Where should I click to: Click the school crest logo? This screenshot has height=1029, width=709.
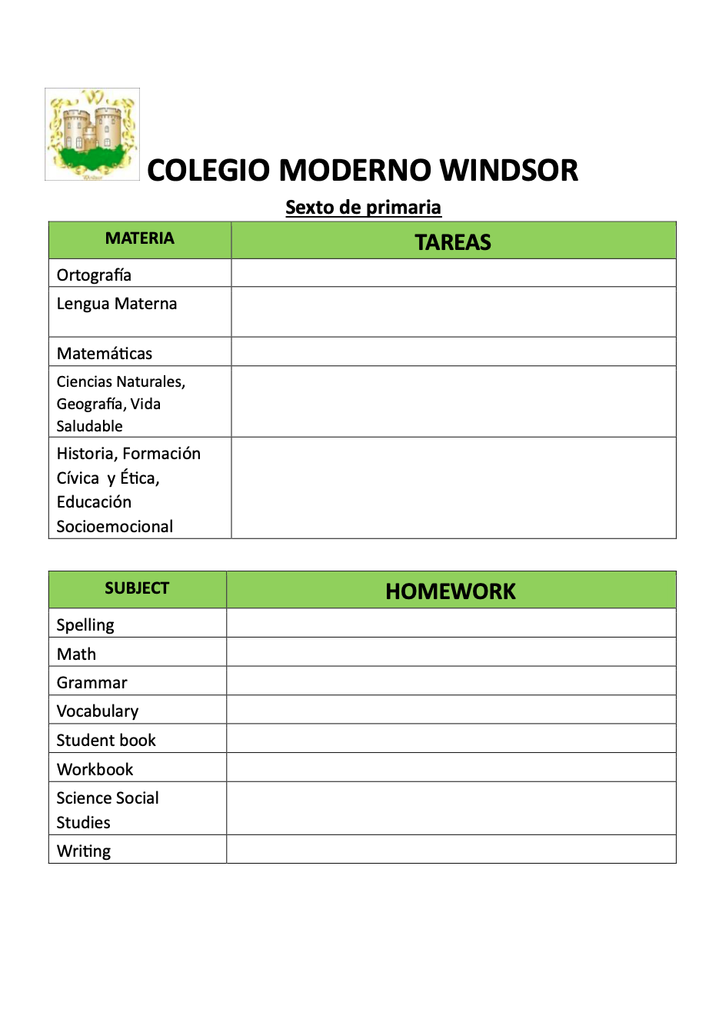coord(92,135)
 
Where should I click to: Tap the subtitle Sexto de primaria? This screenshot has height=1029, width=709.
coord(363,208)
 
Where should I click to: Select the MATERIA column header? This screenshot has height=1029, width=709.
coord(140,238)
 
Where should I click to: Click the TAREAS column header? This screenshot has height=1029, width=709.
coord(453,242)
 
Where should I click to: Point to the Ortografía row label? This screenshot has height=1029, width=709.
coord(94,275)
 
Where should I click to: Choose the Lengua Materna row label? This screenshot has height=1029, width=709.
coord(117,304)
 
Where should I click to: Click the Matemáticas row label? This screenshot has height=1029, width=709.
coord(105,354)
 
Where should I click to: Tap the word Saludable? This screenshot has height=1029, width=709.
coord(89,426)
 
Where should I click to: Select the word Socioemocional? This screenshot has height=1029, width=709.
coord(115,527)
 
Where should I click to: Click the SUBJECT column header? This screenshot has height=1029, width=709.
coord(137,588)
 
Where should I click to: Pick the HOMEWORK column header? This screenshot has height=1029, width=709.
coord(451,591)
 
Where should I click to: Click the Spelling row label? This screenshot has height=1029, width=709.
coord(85,625)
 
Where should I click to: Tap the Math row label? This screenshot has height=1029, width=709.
coord(76,654)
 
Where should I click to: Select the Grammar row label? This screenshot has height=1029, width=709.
coord(92,683)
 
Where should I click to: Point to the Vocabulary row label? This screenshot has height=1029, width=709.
coord(98,711)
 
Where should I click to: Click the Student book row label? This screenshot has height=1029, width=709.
coord(106,741)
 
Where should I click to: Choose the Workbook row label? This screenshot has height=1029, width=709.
coord(95,770)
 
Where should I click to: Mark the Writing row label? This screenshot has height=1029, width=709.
coord(84,851)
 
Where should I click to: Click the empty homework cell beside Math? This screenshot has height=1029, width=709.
coord(451,652)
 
